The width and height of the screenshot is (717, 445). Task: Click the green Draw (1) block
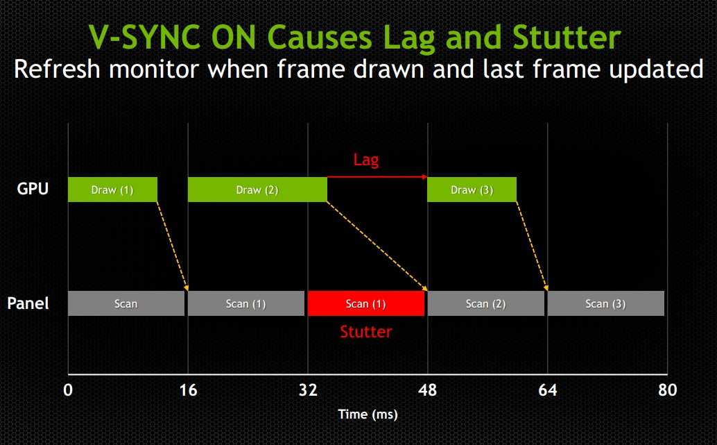pyautogui.click(x=112, y=190)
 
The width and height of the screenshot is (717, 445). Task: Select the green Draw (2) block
pyautogui.click(x=257, y=190)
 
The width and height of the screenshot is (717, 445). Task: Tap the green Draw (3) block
pyautogui.click(x=472, y=190)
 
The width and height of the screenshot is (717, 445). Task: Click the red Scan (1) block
pyautogui.click(x=366, y=303)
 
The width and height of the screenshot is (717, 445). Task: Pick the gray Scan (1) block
pyautogui.click(x=246, y=303)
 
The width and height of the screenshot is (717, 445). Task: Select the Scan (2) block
pyautogui.click(x=485, y=303)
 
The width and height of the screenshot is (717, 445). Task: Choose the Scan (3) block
pyautogui.click(x=606, y=303)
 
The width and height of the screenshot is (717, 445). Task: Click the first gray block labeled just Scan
pyautogui.click(x=126, y=303)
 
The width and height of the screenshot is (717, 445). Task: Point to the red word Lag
pyautogui.click(x=366, y=160)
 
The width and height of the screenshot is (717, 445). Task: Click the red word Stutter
pyautogui.click(x=366, y=331)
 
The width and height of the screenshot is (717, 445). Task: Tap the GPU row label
pyautogui.click(x=33, y=189)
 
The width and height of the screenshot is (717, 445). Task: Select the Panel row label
pyautogui.click(x=28, y=303)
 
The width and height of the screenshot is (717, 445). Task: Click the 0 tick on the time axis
pyautogui.click(x=68, y=390)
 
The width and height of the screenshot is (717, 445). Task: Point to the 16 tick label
pyautogui.click(x=188, y=390)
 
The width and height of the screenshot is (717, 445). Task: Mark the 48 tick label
pyautogui.click(x=428, y=390)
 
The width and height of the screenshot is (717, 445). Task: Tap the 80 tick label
pyautogui.click(x=668, y=390)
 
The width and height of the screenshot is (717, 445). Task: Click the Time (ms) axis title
pyautogui.click(x=368, y=414)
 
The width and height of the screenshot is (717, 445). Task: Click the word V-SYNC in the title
pyautogui.click(x=144, y=37)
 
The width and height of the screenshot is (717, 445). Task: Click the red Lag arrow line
pyautogui.click(x=377, y=176)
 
